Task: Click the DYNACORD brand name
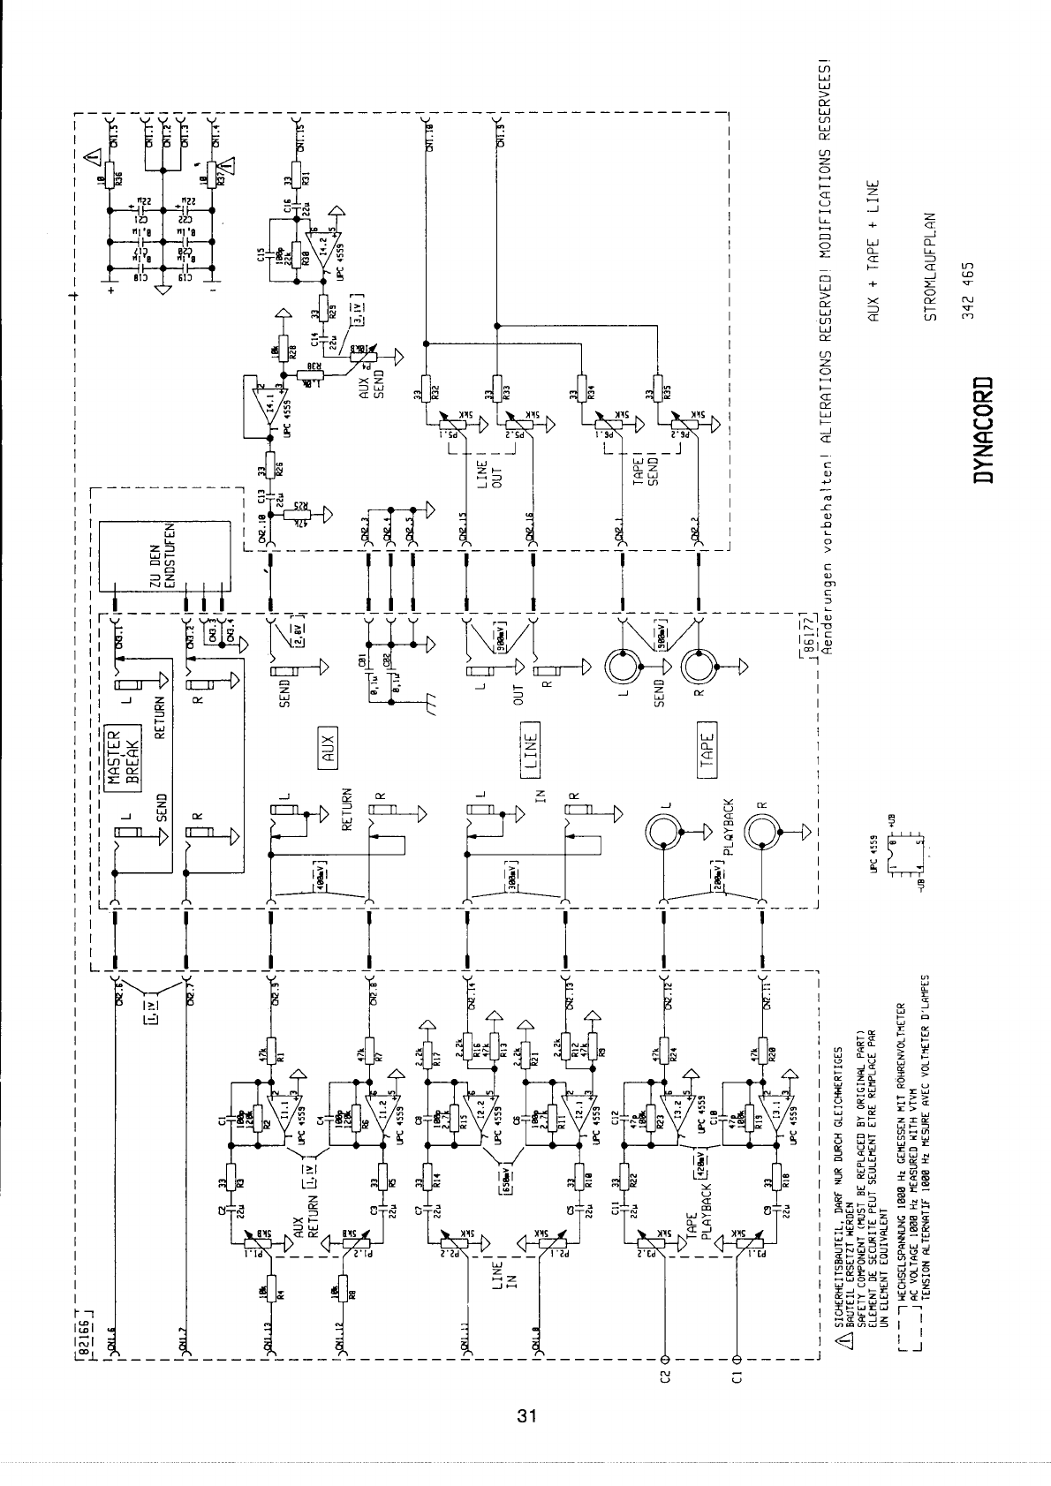(x=981, y=431)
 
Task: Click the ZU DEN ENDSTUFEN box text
(x=164, y=557)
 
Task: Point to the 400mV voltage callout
(x=321, y=876)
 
